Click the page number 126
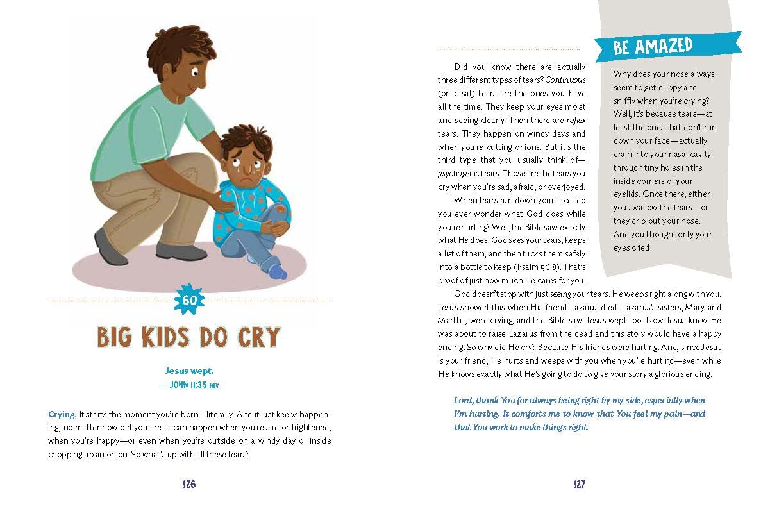tap(188, 485)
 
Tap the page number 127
tap(579, 485)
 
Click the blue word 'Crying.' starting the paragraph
tap(62, 414)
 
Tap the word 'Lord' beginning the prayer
tap(464, 400)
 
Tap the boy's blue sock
tap(278, 271)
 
